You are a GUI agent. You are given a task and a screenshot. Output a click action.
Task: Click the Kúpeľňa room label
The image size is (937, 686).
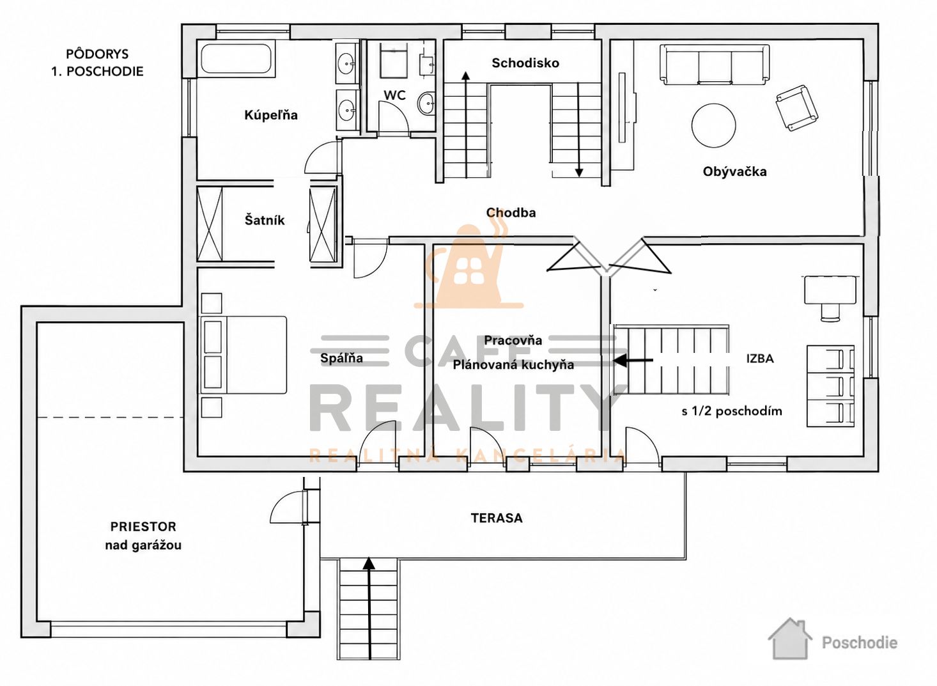pyautogui.click(x=270, y=115)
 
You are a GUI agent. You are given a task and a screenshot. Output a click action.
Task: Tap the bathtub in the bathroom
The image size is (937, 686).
pyautogui.click(x=237, y=59)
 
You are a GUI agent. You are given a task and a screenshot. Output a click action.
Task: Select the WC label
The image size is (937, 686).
pyautogui.click(x=394, y=95)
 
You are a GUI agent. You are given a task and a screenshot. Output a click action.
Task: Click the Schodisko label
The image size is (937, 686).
pyautogui.click(x=525, y=63)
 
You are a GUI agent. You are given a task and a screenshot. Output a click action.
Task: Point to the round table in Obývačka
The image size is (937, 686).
pyautogui.click(x=714, y=125)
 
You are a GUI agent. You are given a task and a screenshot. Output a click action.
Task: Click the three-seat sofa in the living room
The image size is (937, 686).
pyautogui.click(x=715, y=65)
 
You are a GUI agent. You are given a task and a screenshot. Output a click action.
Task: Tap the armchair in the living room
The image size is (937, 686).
pyautogui.click(x=796, y=107)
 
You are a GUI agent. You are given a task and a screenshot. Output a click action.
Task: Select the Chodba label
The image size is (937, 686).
pyautogui.click(x=511, y=212)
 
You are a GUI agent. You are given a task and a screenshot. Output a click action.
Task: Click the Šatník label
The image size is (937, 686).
pyautogui.click(x=265, y=220)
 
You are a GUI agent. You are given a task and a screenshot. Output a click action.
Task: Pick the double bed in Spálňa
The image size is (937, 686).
pyautogui.click(x=244, y=355)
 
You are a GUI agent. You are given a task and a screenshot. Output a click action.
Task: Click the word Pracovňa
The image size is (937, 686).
pyautogui.click(x=513, y=340)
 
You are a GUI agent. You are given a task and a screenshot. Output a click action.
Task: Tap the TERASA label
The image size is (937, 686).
pyautogui.click(x=497, y=518)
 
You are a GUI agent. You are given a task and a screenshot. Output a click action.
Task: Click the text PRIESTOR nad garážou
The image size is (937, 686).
pyautogui.click(x=143, y=536)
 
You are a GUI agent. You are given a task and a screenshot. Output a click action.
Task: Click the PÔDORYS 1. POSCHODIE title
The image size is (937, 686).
pyautogui.click(x=97, y=63)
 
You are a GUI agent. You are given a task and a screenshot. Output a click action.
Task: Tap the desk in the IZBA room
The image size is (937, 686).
pyautogui.click(x=830, y=290)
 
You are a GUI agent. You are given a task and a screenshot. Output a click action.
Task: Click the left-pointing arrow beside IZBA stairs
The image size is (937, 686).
pyautogui.click(x=633, y=360)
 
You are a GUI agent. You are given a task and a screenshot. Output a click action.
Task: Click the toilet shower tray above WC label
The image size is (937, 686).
pyautogui.click(x=394, y=62)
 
